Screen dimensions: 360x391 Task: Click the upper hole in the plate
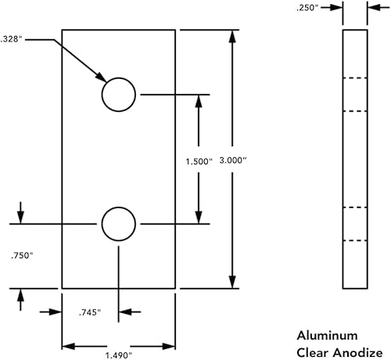pos(119,95)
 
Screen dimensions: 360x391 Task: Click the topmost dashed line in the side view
pos(355,78)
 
